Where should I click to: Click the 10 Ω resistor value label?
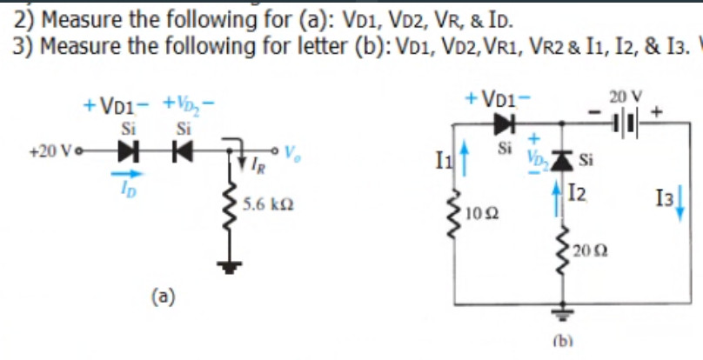click(478, 211)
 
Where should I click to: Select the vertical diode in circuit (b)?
click(561, 157)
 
